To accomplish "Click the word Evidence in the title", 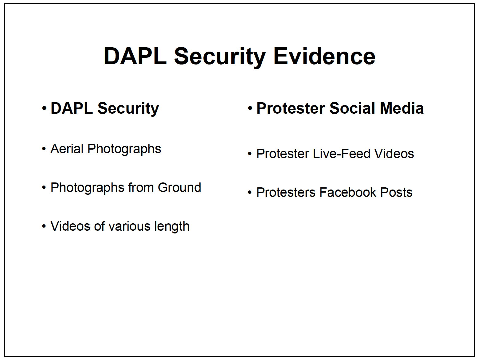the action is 324,57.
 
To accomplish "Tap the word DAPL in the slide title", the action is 135,57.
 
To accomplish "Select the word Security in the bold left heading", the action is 128,109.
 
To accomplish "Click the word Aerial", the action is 67,149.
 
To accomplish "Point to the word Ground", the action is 179,187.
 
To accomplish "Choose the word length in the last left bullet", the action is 172,227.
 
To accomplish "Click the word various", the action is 129,226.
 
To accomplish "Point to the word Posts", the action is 396,192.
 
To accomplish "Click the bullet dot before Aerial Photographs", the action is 44,149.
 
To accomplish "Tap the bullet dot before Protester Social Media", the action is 250,108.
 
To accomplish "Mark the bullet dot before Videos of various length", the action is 44,226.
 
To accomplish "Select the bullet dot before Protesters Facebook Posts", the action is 250,193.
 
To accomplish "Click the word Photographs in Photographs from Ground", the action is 87,188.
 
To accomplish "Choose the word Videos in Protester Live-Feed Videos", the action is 394,154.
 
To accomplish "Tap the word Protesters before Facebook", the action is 286,192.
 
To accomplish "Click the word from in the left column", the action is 141,187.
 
